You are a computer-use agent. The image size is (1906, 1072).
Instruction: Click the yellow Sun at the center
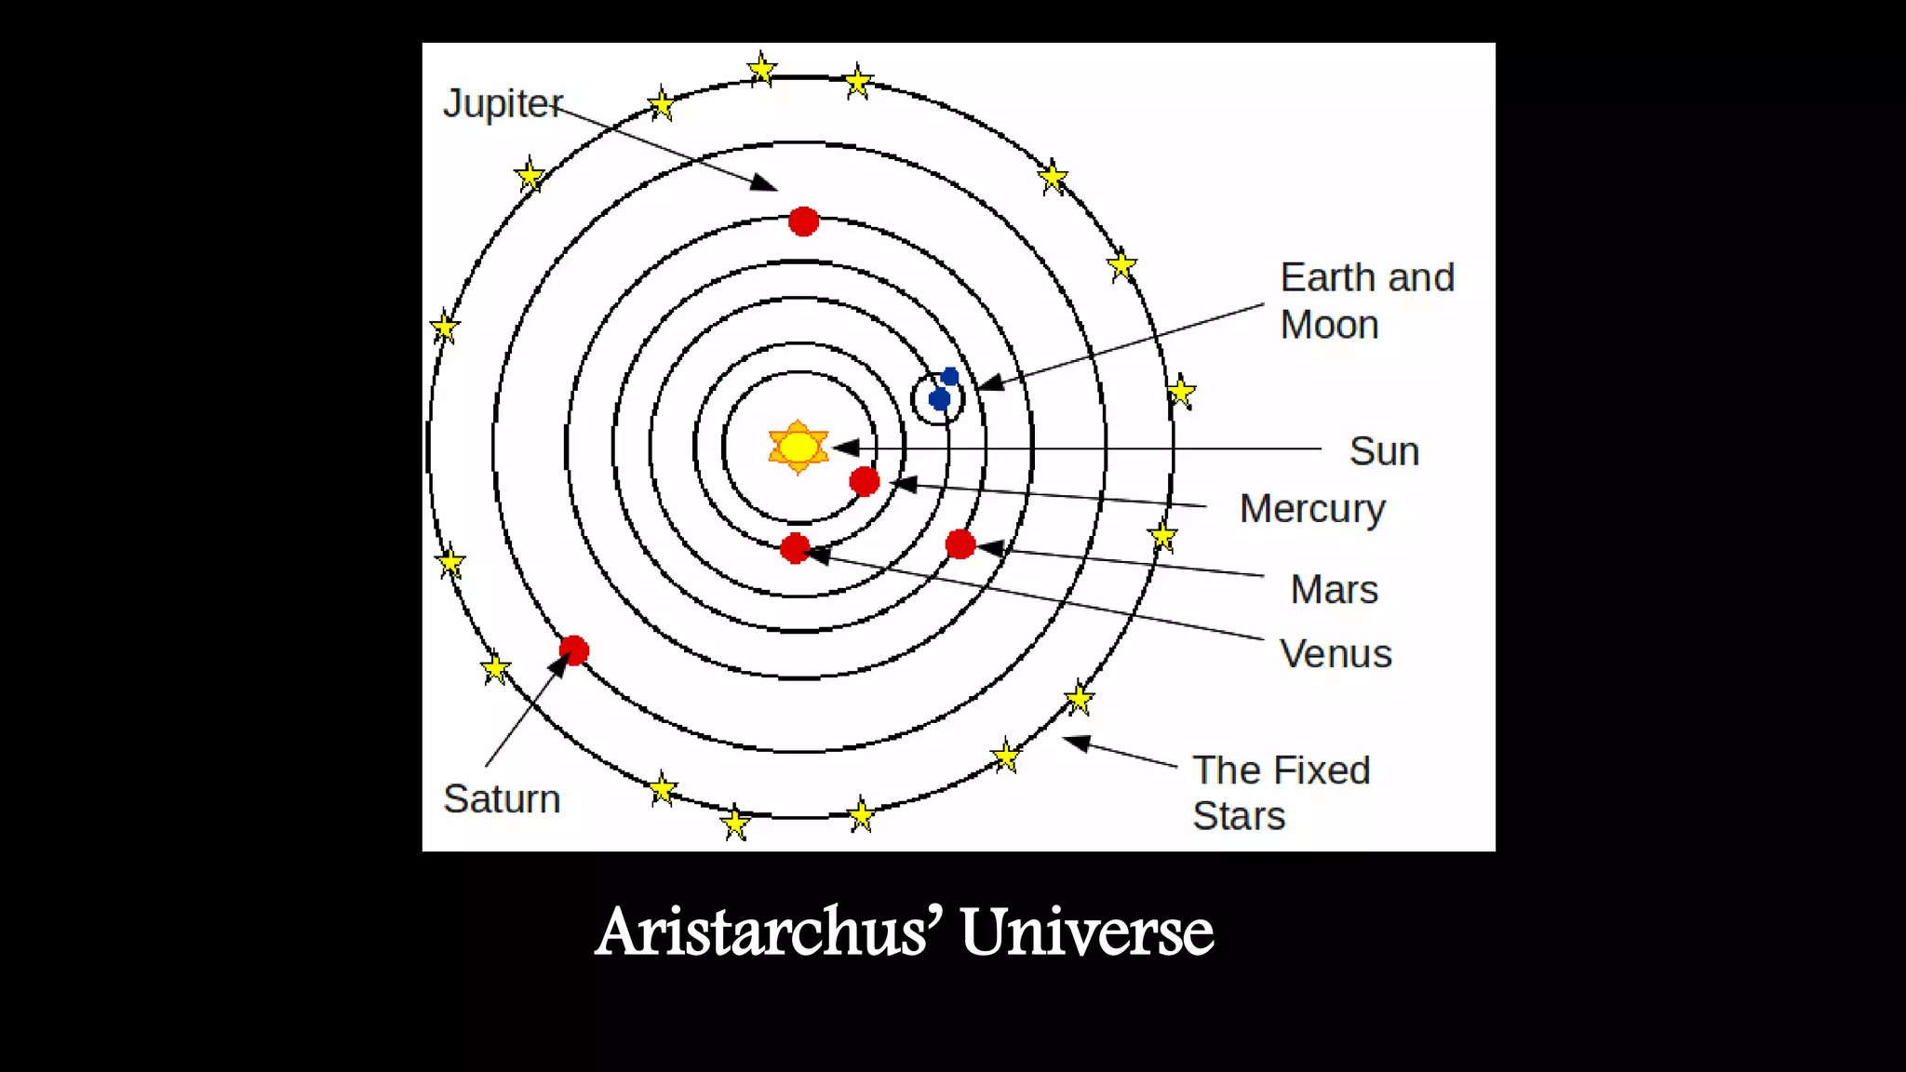pyautogui.click(x=798, y=447)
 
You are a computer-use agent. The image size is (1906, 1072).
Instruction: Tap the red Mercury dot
pyautogui.click(x=865, y=481)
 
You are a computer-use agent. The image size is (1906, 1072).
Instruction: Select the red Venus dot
pyautogui.click(x=796, y=548)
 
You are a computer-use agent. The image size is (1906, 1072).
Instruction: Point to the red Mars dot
pyautogui.click(x=960, y=544)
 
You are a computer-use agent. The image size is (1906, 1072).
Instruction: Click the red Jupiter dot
pyautogui.click(x=803, y=221)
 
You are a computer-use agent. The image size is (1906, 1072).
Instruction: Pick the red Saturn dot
pyautogui.click(x=574, y=650)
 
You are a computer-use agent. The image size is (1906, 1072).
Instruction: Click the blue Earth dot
pyautogui.click(x=940, y=399)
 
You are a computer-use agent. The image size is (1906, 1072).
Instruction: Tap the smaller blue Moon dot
pyautogui.click(x=950, y=376)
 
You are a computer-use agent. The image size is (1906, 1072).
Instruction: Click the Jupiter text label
pyautogui.click(x=503, y=103)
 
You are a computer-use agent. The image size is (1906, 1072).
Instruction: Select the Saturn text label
pyautogui.click(x=502, y=799)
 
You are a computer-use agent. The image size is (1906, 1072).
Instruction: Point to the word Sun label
pyautogui.click(x=1384, y=451)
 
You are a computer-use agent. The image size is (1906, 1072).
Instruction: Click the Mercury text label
pyautogui.click(x=1312, y=509)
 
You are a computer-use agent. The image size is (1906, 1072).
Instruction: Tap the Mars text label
pyautogui.click(x=1335, y=589)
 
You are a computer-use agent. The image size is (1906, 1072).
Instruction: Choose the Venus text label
pyautogui.click(x=1336, y=653)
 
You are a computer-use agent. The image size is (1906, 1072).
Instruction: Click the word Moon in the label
pyautogui.click(x=1329, y=325)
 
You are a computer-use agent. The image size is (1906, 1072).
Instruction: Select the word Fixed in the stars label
pyautogui.click(x=1324, y=770)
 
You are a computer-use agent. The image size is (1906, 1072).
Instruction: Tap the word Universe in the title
pyautogui.click(x=1087, y=931)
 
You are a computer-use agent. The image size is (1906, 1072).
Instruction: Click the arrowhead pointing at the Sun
pyautogui.click(x=845, y=449)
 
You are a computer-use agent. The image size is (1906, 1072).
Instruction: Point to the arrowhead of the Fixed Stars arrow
pyautogui.click(x=1076, y=742)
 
